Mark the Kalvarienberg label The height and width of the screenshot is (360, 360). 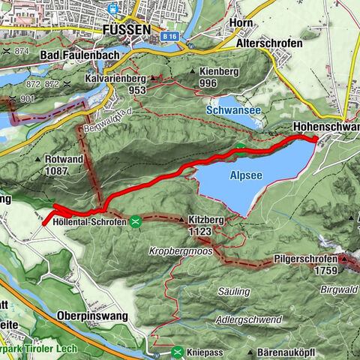pos(125,78)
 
